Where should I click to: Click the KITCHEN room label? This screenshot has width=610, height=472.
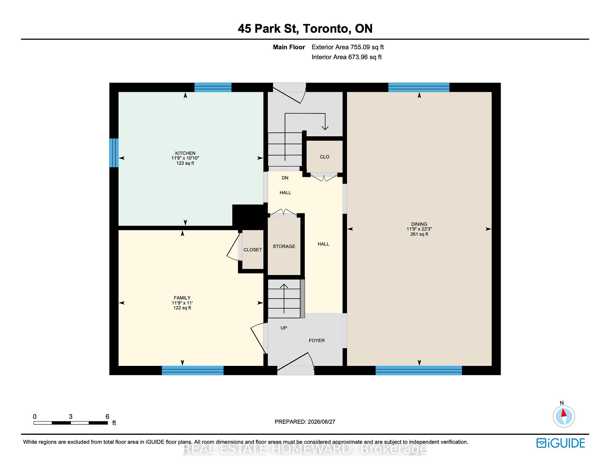click(185, 153)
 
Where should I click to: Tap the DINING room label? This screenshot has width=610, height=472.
click(419, 224)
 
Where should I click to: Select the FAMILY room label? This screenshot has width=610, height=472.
click(182, 298)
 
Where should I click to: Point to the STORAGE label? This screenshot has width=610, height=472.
click(284, 246)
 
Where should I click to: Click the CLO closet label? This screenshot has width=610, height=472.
click(324, 157)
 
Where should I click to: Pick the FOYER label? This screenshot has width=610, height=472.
click(317, 341)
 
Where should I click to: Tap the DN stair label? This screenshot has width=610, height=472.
click(285, 178)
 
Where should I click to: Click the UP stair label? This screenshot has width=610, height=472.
click(284, 328)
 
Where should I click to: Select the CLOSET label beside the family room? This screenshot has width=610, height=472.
click(253, 250)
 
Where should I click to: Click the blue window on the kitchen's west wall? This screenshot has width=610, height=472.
click(114, 153)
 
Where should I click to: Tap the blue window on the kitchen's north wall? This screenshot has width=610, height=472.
click(213, 87)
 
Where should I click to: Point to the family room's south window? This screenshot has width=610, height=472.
click(193, 370)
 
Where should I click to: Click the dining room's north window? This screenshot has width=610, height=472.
click(419, 87)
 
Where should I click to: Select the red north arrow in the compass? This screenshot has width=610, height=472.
click(564, 413)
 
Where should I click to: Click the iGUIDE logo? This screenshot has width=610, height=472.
click(561, 443)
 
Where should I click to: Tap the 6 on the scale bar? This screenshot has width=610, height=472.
click(107, 416)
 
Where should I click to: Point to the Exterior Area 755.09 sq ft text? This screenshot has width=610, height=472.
click(348, 47)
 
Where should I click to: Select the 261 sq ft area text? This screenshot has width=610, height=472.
click(419, 234)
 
